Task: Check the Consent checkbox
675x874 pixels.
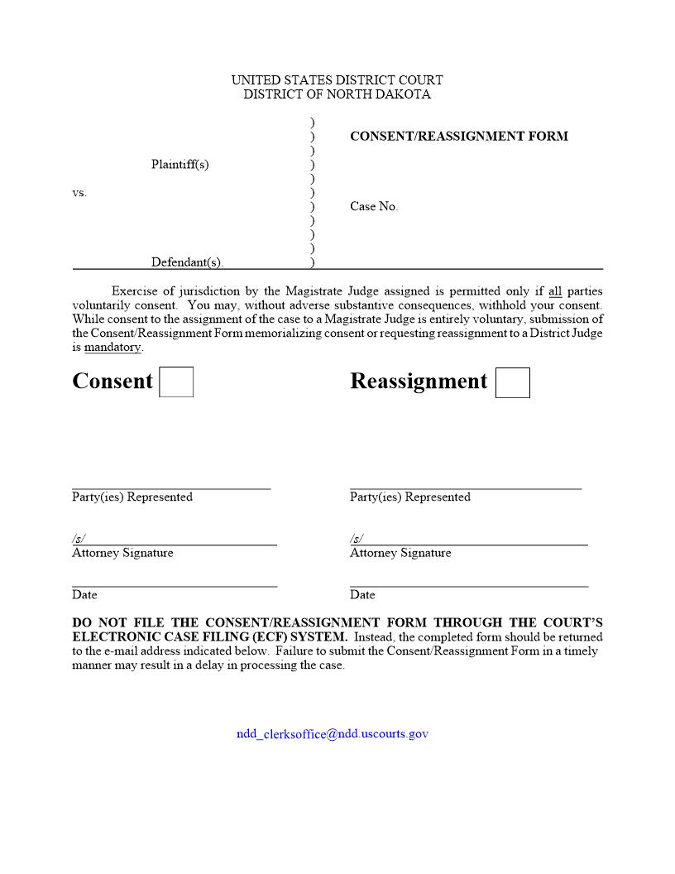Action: coord(176,382)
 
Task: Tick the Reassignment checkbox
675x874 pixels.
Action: coord(513,382)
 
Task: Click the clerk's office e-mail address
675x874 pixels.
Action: coord(333,733)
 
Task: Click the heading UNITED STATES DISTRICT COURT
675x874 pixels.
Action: coord(337,80)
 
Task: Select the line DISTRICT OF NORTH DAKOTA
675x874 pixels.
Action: coord(337,94)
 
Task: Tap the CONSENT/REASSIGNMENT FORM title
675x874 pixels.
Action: coord(459,137)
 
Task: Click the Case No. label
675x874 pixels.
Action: coord(374,207)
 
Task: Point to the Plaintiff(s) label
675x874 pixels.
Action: coord(180,165)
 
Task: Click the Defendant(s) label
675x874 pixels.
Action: coord(187,262)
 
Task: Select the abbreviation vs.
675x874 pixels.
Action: coord(79,193)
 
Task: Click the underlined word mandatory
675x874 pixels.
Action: coord(112,348)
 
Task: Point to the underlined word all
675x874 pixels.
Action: coord(555,291)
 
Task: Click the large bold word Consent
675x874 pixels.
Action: coord(112,382)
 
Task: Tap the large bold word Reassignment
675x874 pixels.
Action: coord(419,382)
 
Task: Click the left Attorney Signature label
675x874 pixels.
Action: coord(122,553)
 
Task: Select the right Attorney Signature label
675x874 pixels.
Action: coord(400,553)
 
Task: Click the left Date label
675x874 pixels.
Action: coord(84,595)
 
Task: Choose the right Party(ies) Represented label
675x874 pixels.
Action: coord(409,497)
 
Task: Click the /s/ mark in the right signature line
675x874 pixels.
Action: coord(356,539)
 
